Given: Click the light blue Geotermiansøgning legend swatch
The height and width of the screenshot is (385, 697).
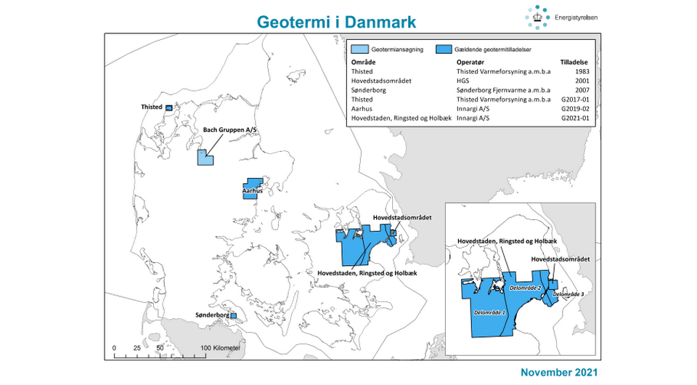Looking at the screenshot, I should tap(359, 50).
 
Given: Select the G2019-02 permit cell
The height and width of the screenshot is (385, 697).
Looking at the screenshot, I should tap(574, 108).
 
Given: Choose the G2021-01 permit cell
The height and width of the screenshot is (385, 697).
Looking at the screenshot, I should tap(574, 117).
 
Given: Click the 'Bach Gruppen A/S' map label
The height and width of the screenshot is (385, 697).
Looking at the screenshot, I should tap(230, 129).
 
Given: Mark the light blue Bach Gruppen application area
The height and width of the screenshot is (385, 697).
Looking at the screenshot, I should tap(205, 158).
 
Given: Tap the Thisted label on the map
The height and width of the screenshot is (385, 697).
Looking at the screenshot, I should tap(152, 107).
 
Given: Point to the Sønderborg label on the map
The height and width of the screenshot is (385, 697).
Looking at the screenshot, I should tap(213, 315).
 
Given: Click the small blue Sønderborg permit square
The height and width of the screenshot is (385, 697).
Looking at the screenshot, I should tap(233, 316).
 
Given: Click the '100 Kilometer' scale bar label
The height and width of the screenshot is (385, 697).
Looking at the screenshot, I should tap(221, 349).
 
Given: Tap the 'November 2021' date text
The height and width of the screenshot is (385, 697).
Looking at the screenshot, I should tap(559, 372).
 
